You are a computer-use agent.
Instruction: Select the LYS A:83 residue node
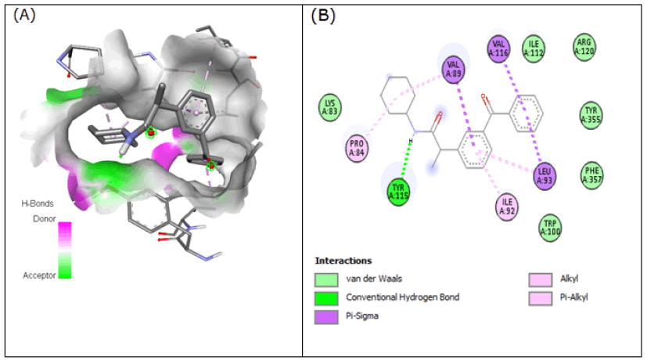pos(331,106)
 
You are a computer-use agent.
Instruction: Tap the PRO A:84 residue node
pos(357,146)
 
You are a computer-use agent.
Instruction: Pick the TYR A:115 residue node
pos(401,190)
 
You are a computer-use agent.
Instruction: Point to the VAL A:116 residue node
pos(501,49)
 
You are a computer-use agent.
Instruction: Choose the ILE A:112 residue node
pos(535,49)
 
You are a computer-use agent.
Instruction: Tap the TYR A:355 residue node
pos(592,115)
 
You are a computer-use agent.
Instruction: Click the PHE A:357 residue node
pos(592,173)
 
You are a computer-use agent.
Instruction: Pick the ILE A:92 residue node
pos(508,207)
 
